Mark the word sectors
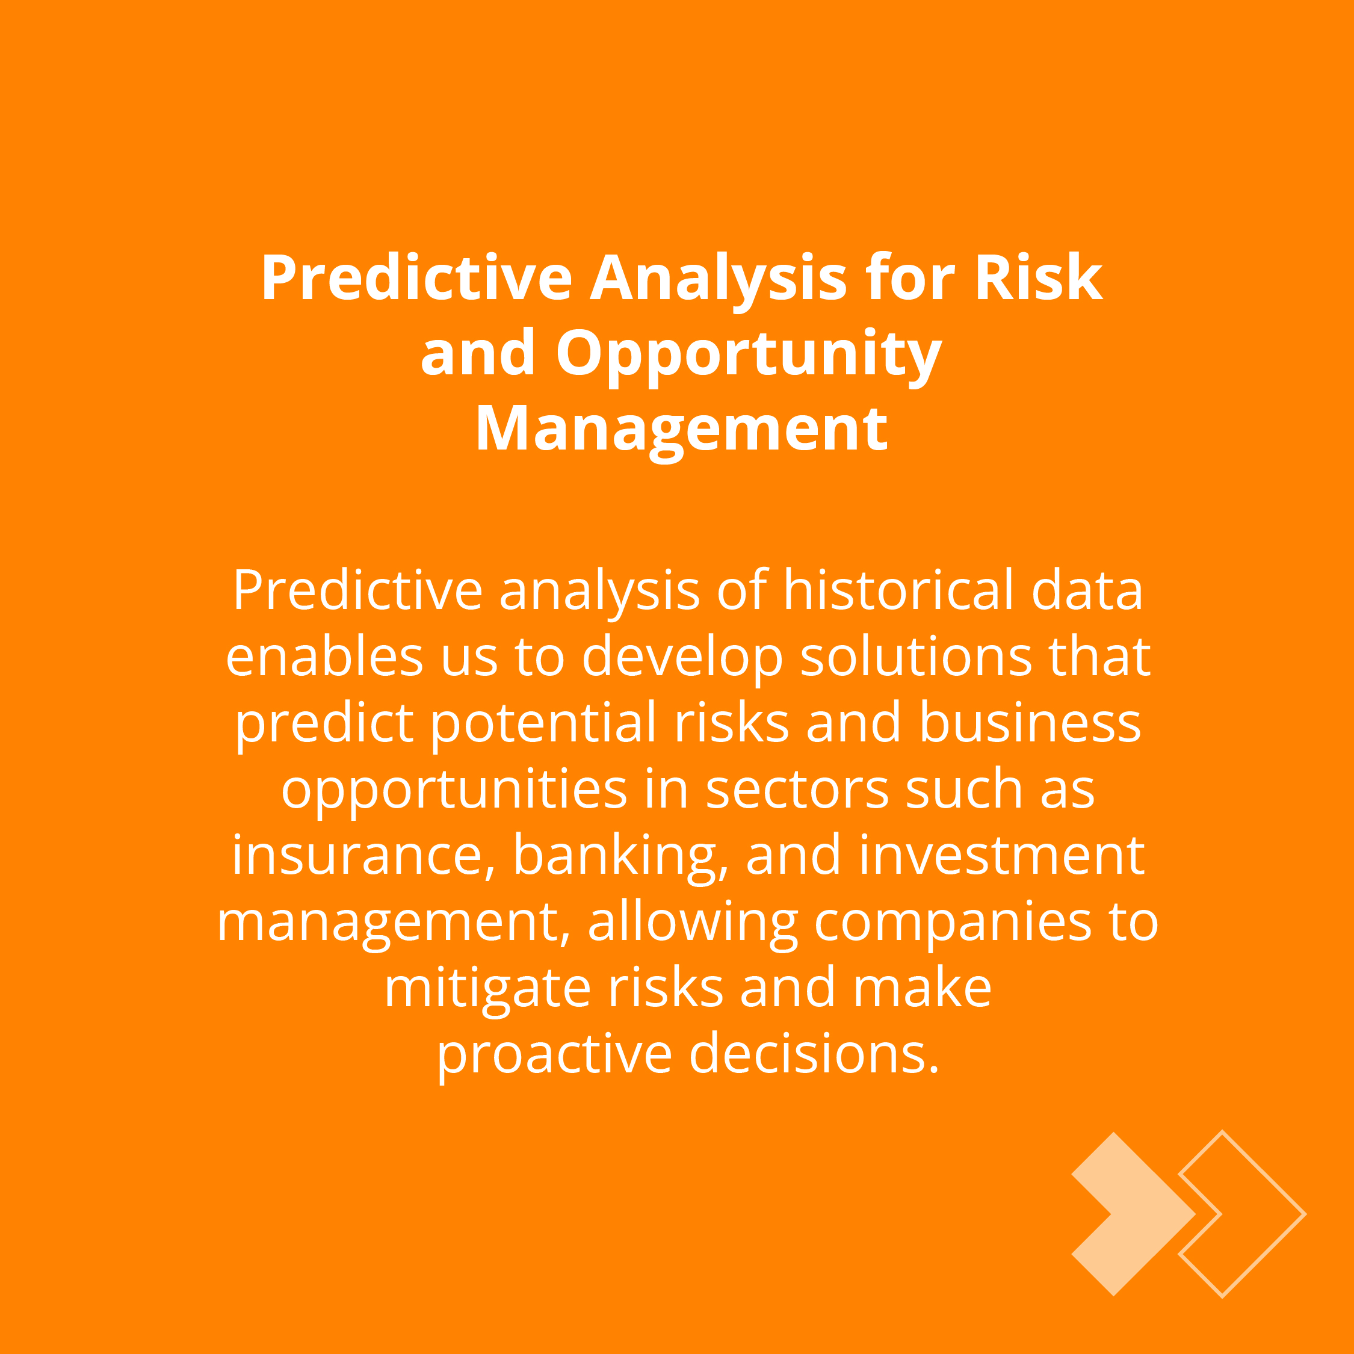pyautogui.click(x=797, y=790)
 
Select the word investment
pyautogui.click(x=1001, y=855)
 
